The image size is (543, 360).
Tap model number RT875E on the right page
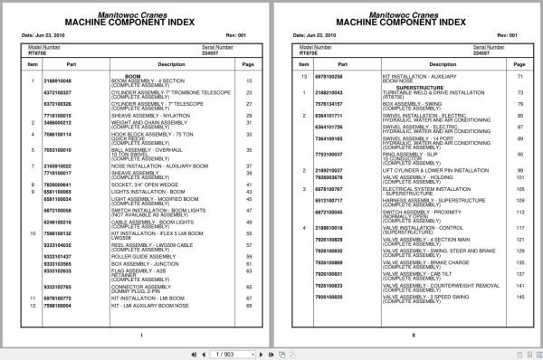point(306,53)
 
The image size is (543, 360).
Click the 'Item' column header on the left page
point(32,65)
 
